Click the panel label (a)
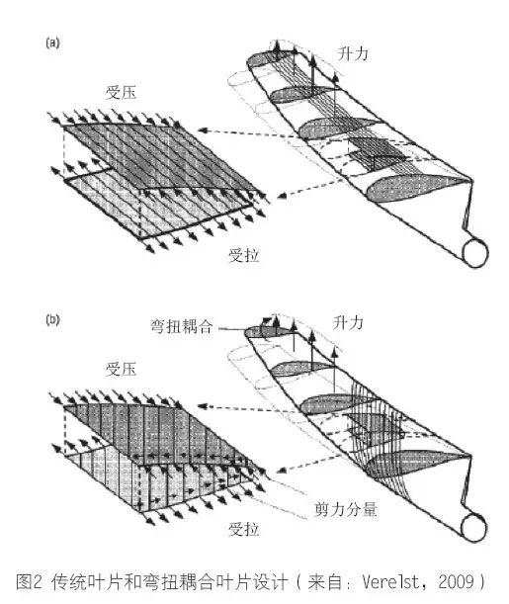(52, 43)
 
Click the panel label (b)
(52, 320)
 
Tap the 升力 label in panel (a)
(353, 53)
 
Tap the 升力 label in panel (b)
(348, 322)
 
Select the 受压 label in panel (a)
(122, 93)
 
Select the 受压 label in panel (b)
(122, 369)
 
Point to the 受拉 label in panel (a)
(244, 255)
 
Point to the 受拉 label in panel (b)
(244, 529)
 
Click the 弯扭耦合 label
(181, 326)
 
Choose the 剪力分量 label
(345, 510)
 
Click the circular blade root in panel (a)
(475, 253)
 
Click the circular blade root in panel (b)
(474, 529)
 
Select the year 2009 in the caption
(456, 581)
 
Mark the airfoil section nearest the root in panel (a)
(418, 188)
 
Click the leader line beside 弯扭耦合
(232, 329)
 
